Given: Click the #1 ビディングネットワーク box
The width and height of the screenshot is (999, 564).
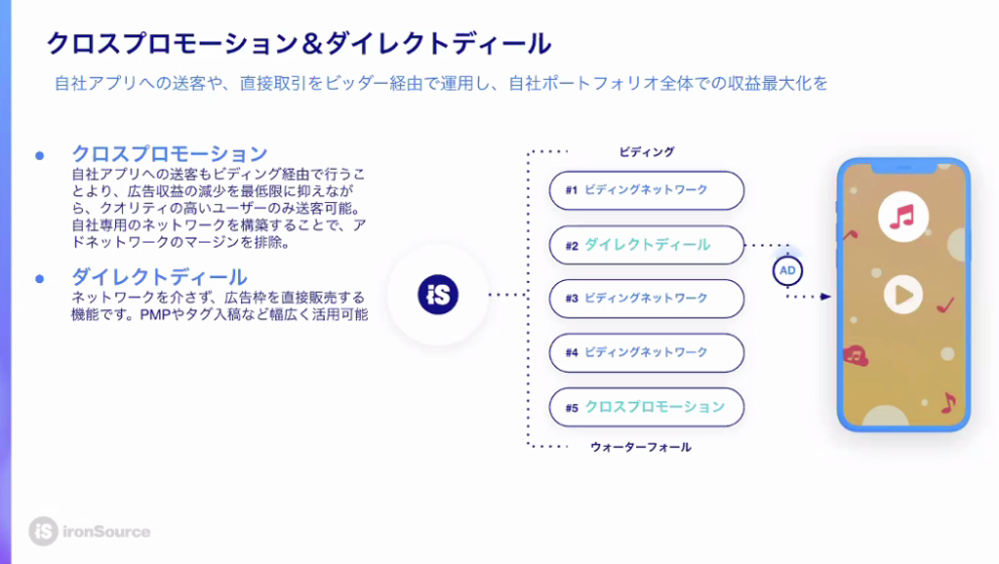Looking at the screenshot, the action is point(646,190).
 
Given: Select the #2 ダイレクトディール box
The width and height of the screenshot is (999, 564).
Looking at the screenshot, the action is point(646,245).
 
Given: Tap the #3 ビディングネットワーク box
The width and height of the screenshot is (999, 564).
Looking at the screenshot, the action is point(646,299).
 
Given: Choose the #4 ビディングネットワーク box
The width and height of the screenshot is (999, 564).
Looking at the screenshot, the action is point(646,352).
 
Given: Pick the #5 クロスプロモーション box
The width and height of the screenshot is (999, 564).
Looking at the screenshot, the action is point(646,407).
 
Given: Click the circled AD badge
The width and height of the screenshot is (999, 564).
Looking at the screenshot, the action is point(787,271).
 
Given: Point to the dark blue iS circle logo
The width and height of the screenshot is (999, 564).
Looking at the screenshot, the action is point(438,295).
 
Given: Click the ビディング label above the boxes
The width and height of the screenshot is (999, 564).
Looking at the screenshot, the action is point(646,151).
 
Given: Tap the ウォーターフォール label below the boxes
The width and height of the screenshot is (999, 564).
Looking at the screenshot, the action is point(640,447).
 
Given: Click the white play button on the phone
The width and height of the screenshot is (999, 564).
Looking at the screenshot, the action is point(902,295).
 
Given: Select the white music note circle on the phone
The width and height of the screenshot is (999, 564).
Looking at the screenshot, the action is point(902,217).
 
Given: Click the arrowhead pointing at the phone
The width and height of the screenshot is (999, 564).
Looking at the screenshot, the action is point(825,297).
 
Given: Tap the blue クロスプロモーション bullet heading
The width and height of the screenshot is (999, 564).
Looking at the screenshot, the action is point(170,153).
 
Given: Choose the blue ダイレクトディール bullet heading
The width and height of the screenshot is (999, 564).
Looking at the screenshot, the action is point(159,276).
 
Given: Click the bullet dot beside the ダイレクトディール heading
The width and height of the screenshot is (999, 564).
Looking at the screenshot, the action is point(39,278).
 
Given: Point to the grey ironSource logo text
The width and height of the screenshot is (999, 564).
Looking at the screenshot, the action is point(106,532).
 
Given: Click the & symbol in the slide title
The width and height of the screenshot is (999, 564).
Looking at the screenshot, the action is point(311,44).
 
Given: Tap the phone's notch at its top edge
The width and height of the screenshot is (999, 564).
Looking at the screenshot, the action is point(903,168).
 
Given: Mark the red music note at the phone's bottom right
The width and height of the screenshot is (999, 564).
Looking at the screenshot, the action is point(948,402).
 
